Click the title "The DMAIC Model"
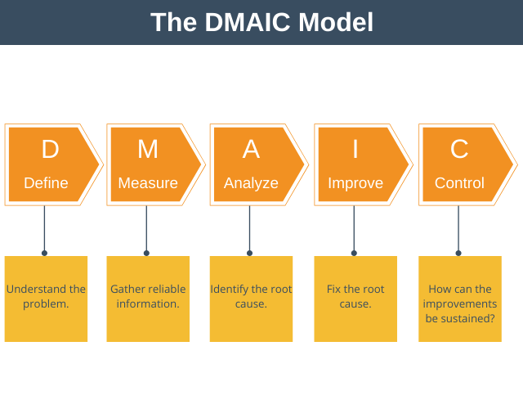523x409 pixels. coord(261,22)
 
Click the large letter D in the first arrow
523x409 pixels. coord(50,150)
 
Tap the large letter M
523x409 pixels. coord(147,150)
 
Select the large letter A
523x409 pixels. coord(251,150)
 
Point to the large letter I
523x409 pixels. coord(355,150)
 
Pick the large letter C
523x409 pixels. coord(459,150)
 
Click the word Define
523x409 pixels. coord(46,183)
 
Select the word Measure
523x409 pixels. coord(148,183)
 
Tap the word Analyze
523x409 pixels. coord(251,183)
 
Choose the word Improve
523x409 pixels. coord(355,183)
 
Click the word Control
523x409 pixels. coord(459,183)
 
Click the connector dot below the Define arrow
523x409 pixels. coord(44,253)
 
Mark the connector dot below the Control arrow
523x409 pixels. coord(458,253)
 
